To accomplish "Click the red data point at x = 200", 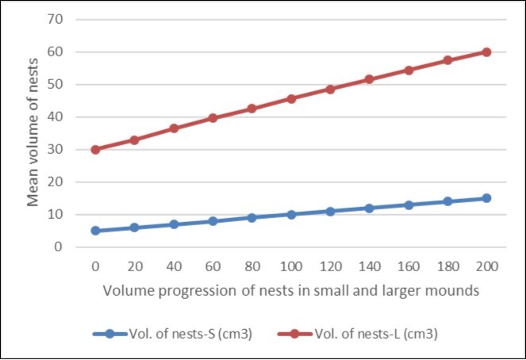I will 486,52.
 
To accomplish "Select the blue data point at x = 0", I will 95,231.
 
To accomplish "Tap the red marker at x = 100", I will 291,99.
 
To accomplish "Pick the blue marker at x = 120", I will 330,212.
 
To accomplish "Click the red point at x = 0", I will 95,149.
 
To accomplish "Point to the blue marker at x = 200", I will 486,198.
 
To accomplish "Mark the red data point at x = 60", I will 213,118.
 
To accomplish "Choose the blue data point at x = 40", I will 174,224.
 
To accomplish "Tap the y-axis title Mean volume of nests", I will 34,132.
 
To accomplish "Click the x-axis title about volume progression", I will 290,290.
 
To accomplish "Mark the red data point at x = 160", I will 409,70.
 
